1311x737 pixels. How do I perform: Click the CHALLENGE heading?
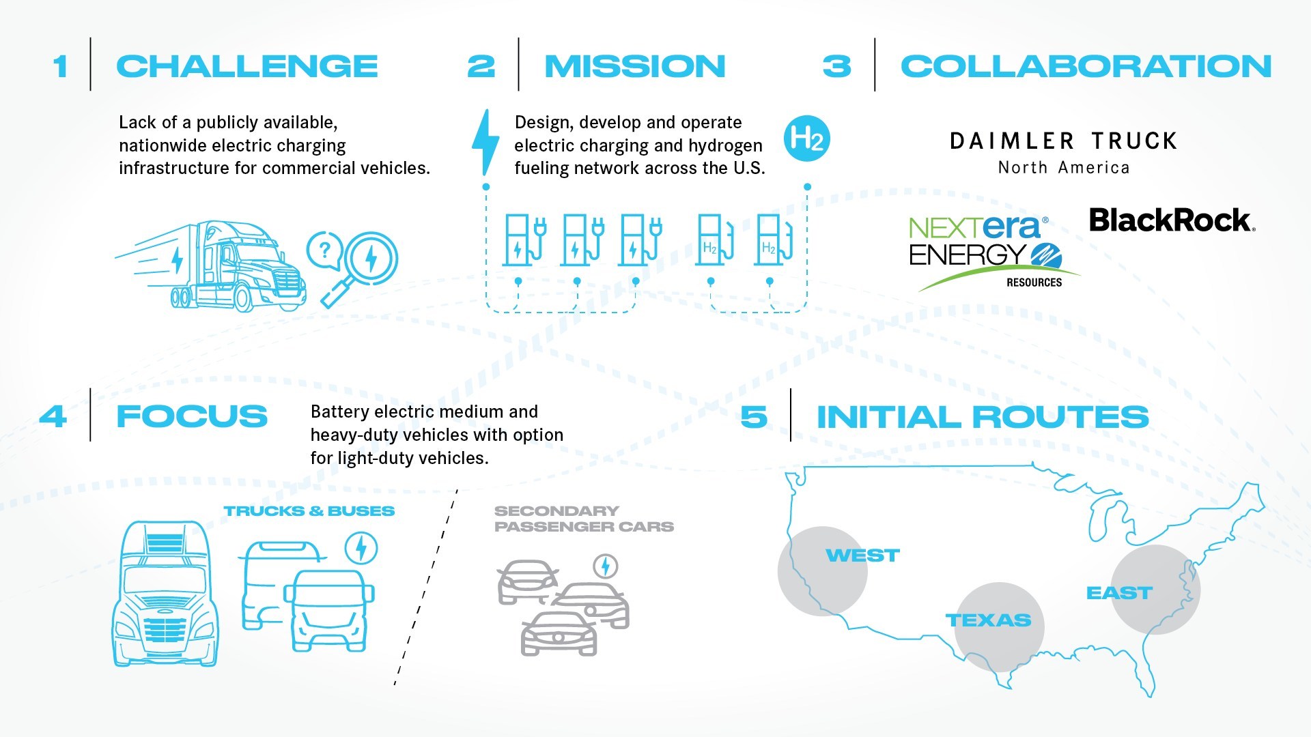pyautogui.click(x=246, y=66)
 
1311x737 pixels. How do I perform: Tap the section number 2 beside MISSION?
pyautogui.click(x=481, y=66)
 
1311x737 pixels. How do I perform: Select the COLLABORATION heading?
pyautogui.click(x=1086, y=66)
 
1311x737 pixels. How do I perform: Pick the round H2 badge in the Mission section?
pyautogui.click(x=806, y=139)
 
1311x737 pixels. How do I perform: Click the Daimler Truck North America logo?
pyautogui.click(x=1063, y=153)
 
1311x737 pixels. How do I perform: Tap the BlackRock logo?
pyautogui.click(x=1172, y=220)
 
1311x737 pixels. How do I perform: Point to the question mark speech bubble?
pyautogui.click(x=324, y=250)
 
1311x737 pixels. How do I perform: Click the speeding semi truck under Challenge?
pyautogui.click(x=218, y=266)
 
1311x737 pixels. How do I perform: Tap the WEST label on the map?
pyautogui.click(x=862, y=555)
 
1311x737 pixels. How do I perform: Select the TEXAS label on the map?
pyautogui.click(x=988, y=620)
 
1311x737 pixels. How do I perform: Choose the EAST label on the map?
pyautogui.click(x=1119, y=593)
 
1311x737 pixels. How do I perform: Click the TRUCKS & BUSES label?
pyautogui.click(x=309, y=511)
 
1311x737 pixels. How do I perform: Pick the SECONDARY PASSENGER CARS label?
pyautogui.click(x=583, y=519)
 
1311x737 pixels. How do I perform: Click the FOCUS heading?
pyautogui.click(x=192, y=416)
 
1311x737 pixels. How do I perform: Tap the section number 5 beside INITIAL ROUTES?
pyautogui.click(x=754, y=417)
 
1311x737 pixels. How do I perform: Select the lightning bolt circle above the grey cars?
pyautogui.click(x=605, y=566)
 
